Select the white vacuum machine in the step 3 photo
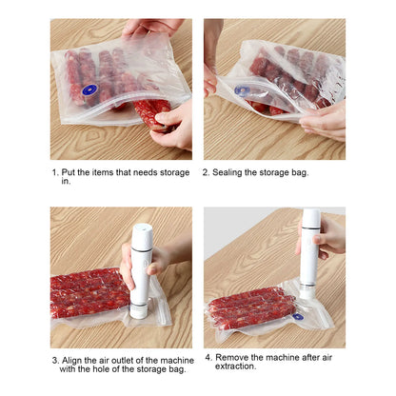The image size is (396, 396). (140, 268)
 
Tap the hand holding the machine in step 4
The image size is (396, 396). (328, 239)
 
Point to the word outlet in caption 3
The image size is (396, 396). (124, 361)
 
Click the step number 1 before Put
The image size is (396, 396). (54, 174)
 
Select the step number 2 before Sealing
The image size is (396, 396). (207, 172)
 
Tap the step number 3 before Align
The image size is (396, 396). (54, 361)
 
